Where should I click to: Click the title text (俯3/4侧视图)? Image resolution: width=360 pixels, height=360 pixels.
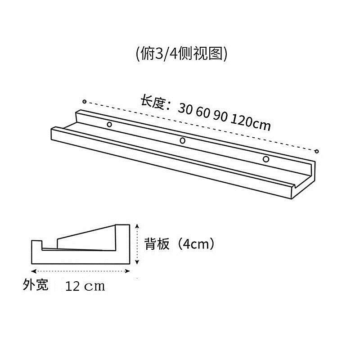click(x=180, y=54)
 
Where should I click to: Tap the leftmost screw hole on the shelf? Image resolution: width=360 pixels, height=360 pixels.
click(x=109, y=124)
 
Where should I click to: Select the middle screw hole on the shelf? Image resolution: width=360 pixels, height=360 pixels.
click(x=182, y=141)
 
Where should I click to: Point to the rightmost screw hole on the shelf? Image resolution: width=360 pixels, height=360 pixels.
click(x=266, y=159)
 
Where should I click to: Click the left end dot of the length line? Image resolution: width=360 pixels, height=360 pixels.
click(x=84, y=101)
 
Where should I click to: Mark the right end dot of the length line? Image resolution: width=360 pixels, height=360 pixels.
click(x=317, y=151)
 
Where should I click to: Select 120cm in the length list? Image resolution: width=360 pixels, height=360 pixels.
click(x=251, y=122)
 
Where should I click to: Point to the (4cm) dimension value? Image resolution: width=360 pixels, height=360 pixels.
click(x=193, y=244)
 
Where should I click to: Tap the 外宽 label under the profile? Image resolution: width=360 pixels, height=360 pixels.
click(x=35, y=285)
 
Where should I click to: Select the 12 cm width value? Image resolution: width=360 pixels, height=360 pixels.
click(x=85, y=286)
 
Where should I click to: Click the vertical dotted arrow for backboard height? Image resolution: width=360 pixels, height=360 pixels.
click(x=136, y=244)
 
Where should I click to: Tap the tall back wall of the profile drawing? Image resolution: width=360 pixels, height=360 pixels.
click(x=124, y=243)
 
